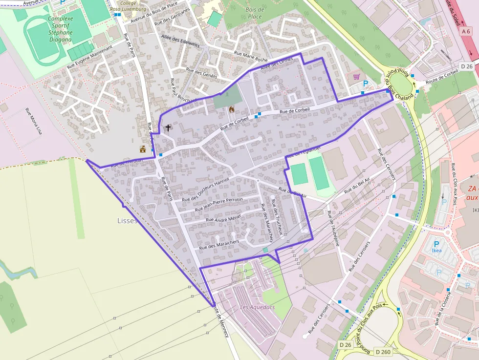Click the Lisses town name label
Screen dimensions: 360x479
(x=128, y=220)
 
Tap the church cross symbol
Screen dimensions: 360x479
(x=168, y=128)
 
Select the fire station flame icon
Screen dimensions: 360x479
(x=232, y=109)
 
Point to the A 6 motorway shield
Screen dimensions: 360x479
(x=466, y=31)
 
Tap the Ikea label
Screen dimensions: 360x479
(x=436, y=251)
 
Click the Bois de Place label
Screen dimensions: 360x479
(x=255, y=13)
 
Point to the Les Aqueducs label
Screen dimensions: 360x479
(x=258, y=307)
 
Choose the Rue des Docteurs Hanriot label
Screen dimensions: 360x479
(x=205, y=189)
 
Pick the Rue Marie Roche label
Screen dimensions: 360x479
(x=251, y=56)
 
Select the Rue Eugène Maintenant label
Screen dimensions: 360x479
(x=89, y=56)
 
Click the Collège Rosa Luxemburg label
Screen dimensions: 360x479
(x=129, y=6)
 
